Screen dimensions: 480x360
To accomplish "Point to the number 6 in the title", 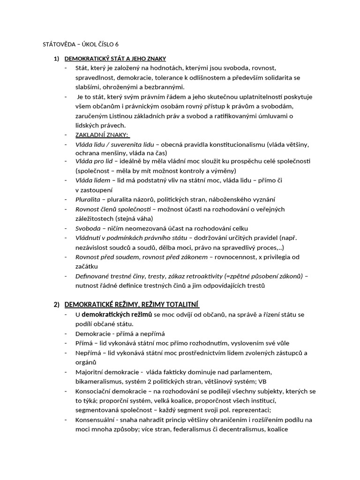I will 117,45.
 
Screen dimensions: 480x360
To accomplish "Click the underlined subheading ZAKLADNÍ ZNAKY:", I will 102,135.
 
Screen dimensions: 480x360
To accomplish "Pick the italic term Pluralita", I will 88,199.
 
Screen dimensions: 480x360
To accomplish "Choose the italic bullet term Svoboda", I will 88,228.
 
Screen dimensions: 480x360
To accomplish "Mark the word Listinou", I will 142,116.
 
